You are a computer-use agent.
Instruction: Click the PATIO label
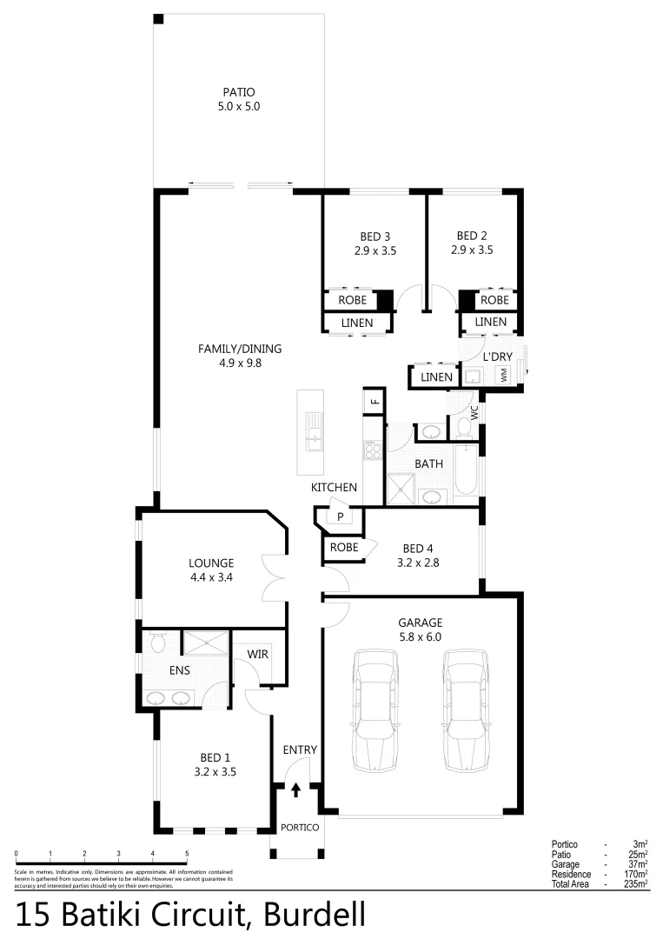point(239,92)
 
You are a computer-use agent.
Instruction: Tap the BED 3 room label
point(375,236)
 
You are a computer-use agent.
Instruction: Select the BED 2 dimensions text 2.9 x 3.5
point(472,250)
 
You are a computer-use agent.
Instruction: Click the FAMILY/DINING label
point(240,350)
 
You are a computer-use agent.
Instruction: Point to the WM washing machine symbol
point(503,376)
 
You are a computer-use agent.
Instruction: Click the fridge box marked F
point(375,401)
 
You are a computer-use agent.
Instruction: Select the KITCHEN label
point(335,489)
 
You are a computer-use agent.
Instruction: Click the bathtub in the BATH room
point(465,469)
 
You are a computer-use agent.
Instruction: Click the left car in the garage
point(375,712)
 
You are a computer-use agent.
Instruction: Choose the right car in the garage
point(467,712)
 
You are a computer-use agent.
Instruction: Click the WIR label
point(257,653)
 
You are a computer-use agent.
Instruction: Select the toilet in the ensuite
point(158,643)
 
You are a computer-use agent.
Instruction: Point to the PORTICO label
point(297,827)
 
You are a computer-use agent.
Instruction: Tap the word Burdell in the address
point(314,916)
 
